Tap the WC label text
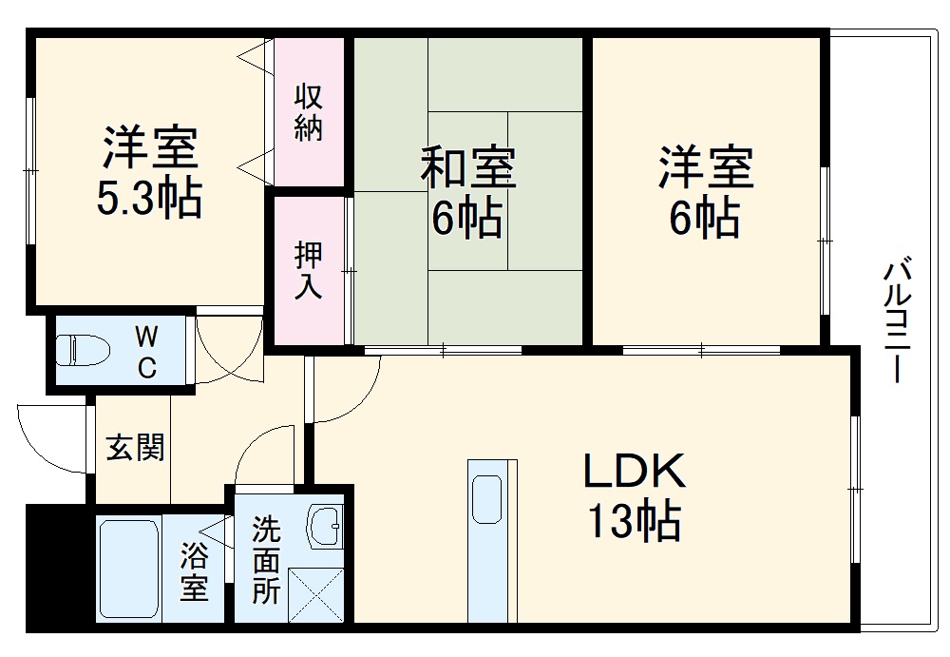point(146,352)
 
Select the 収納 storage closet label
point(307,113)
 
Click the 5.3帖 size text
point(150,200)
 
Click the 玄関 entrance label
point(134,446)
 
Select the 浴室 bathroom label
point(194,571)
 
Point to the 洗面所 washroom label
point(265,562)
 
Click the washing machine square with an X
point(316,593)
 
